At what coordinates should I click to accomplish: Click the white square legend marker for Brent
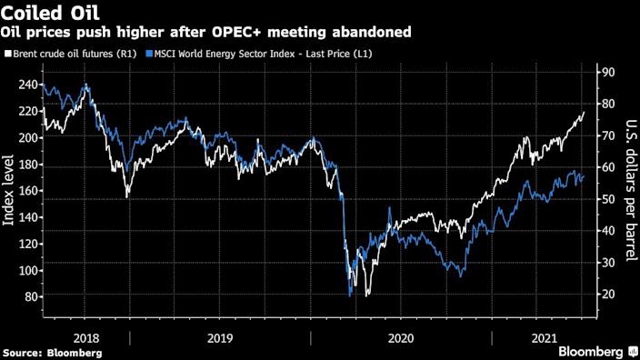8,54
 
